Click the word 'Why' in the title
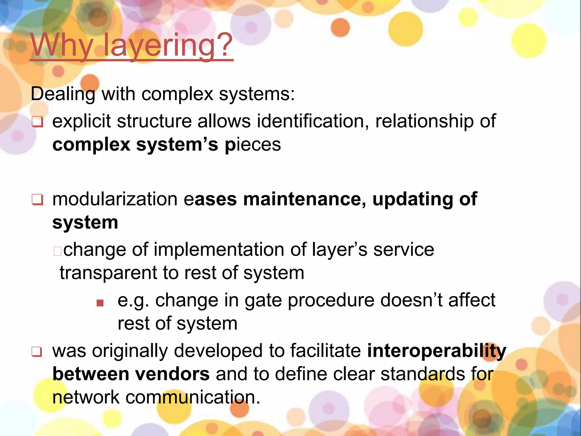pyautogui.click(x=62, y=45)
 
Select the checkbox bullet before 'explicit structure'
pyautogui.click(x=37, y=122)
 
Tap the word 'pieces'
pyautogui.click(x=252, y=145)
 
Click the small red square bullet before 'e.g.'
pyautogui.click(x=100, y=303)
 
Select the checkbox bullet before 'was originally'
pyautogui.click(x=37, y=352)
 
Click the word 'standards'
pyautogui.click(x=423, y=374)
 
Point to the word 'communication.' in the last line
pyautogui.click(x=193, y=397)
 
